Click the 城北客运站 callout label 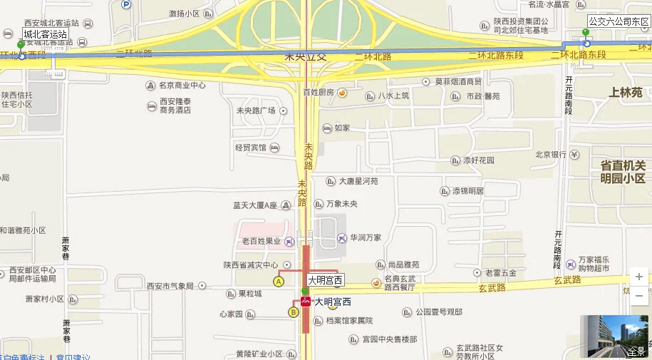coord(45,34)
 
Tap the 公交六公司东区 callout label coord(619,21)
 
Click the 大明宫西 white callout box coord(326,280)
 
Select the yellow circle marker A coord(279,282)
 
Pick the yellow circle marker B coord(293,312)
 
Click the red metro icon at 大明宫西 coord(306,302)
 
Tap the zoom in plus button coord(639,277)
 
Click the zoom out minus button coord(639,295)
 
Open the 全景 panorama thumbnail coord(614,336)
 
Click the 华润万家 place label coord(365,237)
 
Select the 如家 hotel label coord(341,128)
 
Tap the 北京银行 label coord(550,155)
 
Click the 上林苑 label coord(626,92)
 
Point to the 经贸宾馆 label coord(250,148)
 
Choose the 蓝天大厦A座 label coord(254,205)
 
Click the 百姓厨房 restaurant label coord(318,93)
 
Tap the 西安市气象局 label coord(170,286)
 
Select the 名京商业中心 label coord(182,86)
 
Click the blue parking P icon coord(126,4)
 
